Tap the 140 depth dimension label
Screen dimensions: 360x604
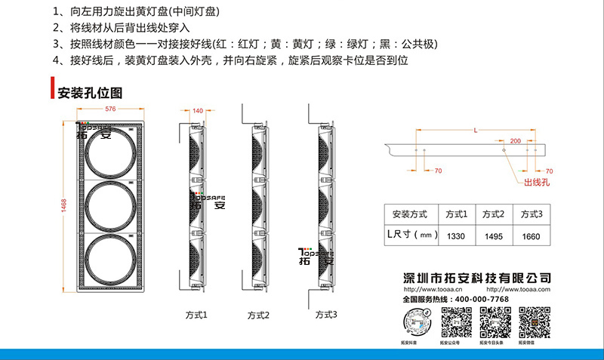(199, 111)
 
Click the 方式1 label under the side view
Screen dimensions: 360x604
(196, 313)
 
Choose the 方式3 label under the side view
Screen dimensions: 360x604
(326, 313)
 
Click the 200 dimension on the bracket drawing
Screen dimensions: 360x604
(515, 141)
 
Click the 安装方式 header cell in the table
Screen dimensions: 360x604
(411, 214)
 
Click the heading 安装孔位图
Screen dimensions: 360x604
(90, 93)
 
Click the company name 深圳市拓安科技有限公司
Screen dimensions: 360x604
(477, 278)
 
